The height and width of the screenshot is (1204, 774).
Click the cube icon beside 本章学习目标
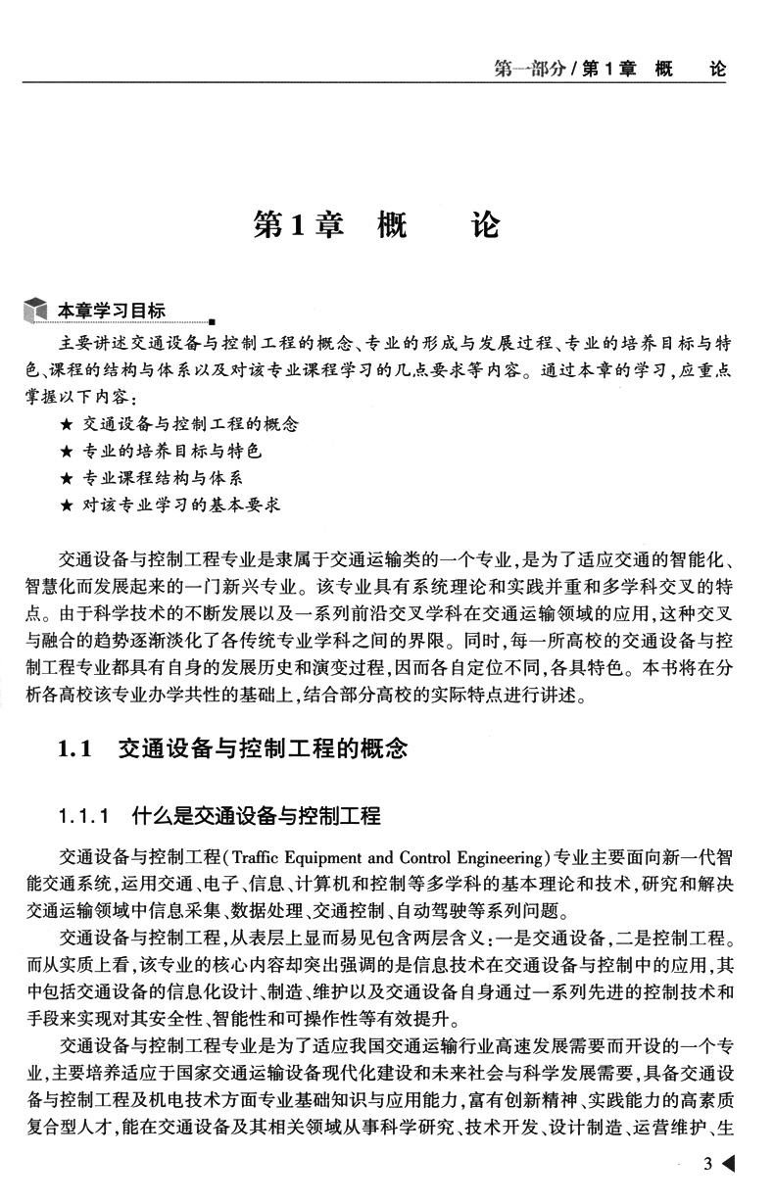tap(36, 313)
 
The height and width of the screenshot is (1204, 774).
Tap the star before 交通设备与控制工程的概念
tap(66, 426)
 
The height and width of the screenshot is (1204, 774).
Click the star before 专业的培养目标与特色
tap(66, 453)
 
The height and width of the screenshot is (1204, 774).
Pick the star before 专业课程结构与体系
tap(66, 479)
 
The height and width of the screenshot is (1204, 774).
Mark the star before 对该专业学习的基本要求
tap(66, 506)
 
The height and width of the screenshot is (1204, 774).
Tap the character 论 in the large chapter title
tap(485, 226)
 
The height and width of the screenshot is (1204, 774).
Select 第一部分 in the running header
tap(528, 71)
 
